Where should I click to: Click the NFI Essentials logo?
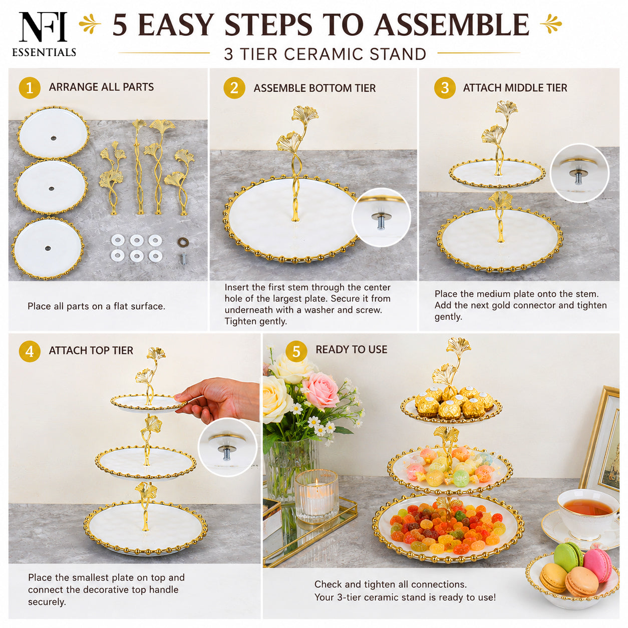click(44, 34)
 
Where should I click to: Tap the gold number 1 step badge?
click(30, 88)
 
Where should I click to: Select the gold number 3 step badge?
click(445, 88)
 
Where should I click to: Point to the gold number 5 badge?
click(296, 352)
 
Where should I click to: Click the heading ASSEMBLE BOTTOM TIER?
click(315, 88)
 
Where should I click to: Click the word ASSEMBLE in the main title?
click(452, 25)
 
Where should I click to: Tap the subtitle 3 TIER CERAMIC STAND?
click(325, 54)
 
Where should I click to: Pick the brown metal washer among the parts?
click(183, 242)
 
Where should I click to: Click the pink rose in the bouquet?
click(321, 390)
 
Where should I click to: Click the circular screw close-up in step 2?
click(381, 217)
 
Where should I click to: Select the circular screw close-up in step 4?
click(227, 447)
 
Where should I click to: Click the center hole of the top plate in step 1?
click(54, 138)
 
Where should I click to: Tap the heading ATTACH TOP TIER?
click(91, 351)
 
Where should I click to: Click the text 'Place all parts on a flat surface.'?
click(97, 306)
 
